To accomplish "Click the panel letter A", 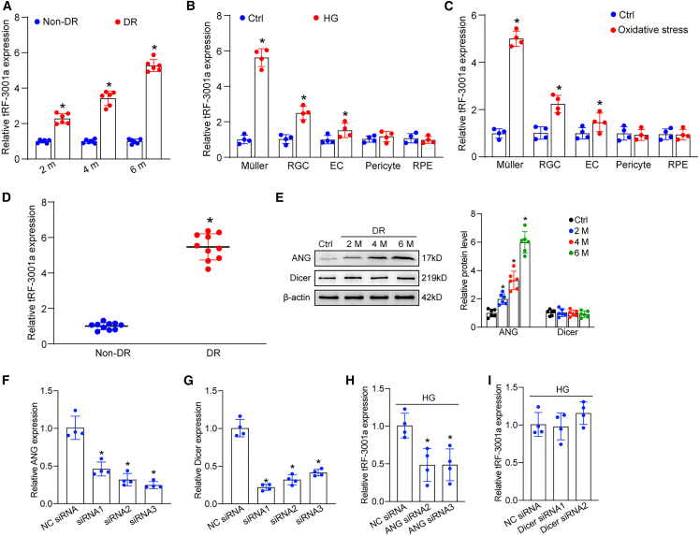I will click(x=7, y=8).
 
